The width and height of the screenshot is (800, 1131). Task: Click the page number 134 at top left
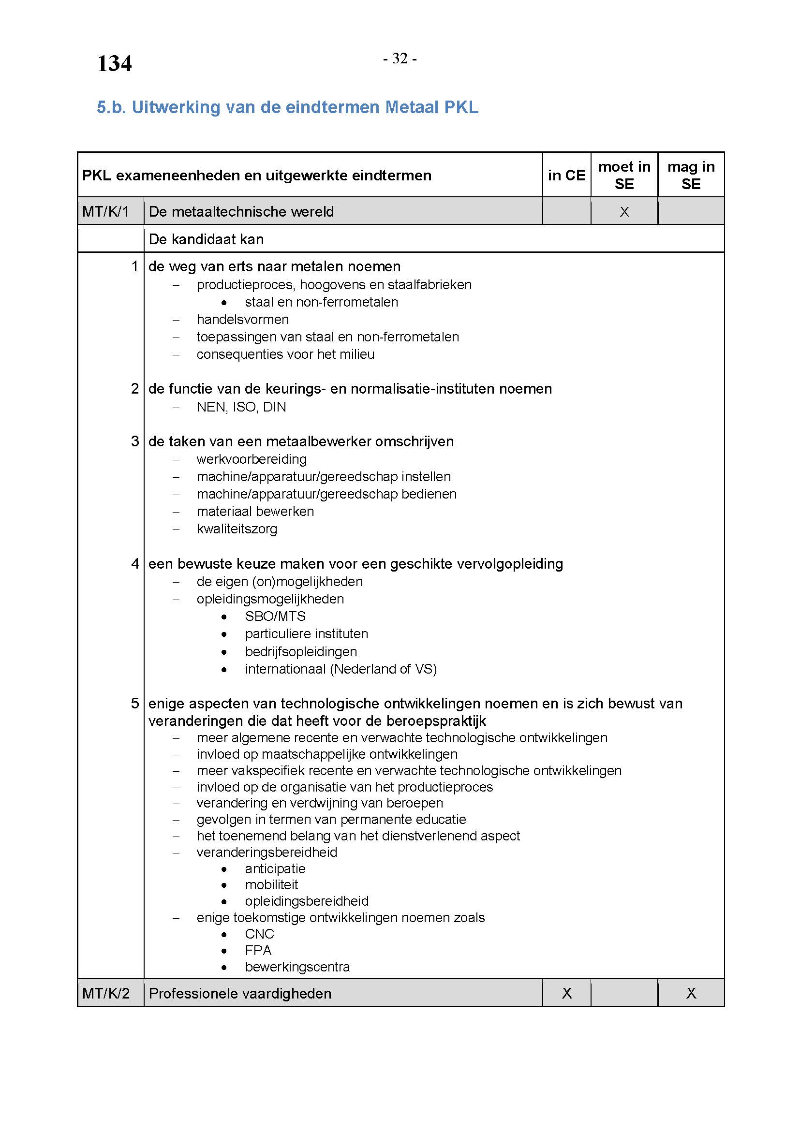[x=114, y=63]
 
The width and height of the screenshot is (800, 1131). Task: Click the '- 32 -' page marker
[x=400, y=59]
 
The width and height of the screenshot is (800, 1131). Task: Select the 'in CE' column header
[x=566, y=175]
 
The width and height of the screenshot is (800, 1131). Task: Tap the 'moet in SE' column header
[x=624, y=175]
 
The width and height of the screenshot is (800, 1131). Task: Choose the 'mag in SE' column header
[x=691, y=175]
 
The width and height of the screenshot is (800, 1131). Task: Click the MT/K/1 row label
[x=105, y=212]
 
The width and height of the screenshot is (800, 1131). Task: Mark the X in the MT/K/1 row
[x=624, y=212]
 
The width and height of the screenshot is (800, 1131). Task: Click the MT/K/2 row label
[x=106, y=993]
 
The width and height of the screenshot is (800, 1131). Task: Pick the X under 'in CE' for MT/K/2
[x=567, y=993]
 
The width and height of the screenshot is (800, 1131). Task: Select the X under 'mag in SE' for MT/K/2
[x=691, y=993]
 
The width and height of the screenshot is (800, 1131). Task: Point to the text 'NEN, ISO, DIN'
[x=241, y=407]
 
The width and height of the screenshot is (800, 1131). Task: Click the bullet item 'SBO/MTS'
[x=275, y=616]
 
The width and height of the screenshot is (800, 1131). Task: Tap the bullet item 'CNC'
[x=259, y=934]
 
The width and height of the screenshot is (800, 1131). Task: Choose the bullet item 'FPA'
[x=258, y=950]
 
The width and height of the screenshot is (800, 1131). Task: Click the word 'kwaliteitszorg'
[x=237, y=529]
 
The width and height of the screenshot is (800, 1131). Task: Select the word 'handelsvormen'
[x=242, y=319]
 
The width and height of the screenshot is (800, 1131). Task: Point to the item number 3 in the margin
[x=135, y=441]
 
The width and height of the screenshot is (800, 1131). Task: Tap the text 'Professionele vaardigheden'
[x=240, y=993]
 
